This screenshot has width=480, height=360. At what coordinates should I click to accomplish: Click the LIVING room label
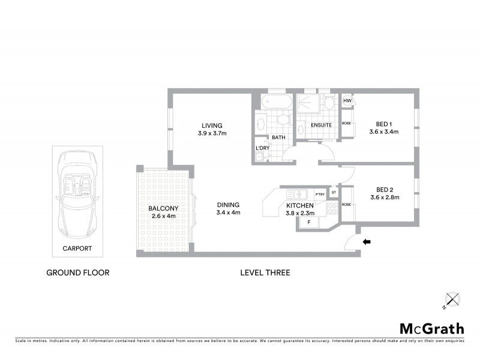[x=212, y=125]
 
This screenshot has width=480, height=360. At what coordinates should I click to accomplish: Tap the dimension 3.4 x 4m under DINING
[x=228, y=212]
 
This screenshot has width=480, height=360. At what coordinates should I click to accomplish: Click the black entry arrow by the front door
[x=367, y=242]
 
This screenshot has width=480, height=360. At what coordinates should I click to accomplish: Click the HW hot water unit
[x=347, y=101]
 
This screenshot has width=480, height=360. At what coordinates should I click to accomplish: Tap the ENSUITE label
[x=321, y=125]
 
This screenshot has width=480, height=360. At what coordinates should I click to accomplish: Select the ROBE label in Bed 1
[x=346, y=124]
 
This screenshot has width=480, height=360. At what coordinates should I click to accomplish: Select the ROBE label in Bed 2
[x=346, y=205]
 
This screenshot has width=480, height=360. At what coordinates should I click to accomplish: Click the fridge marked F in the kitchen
[x=309, y=223]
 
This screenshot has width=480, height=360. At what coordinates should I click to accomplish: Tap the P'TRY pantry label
[x=320, y=194]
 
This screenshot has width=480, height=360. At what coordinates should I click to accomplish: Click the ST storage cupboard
[x=334, y=192]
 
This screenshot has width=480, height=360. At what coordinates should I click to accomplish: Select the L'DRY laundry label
[x=262, y=148]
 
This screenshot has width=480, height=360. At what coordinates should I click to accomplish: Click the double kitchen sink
[x=296, y=194]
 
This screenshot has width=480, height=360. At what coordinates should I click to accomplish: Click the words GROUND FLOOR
[x=78, y=272]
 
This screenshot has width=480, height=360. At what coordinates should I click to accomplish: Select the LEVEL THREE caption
[x=265, y=272]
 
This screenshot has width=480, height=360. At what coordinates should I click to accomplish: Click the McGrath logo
[x=432, y=328]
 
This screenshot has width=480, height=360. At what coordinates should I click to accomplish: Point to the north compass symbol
[x=451, y=299]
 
